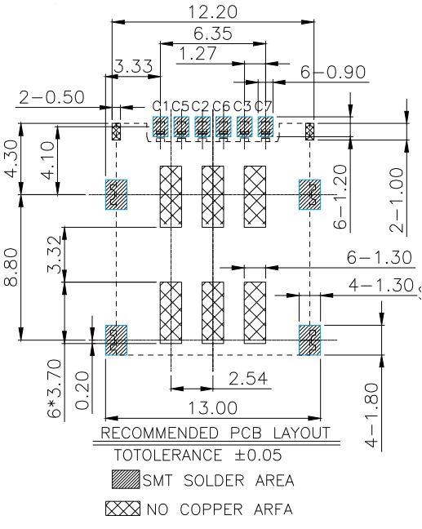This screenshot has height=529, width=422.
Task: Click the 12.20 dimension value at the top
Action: tap(212, 11)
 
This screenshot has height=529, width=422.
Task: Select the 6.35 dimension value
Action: tap(213, 33)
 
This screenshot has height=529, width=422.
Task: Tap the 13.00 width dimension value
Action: tap(212, 408)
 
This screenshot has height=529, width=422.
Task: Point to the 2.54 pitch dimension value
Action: tap(248, 378)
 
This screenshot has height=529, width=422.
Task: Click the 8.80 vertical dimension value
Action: tap(11, 267)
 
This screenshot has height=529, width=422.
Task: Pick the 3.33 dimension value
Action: tap(133, 66)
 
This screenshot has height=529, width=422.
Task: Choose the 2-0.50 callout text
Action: tap(51, 97)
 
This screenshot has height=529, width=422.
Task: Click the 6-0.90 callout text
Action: tap(333, 72)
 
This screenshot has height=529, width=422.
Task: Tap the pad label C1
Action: tap(160, 106)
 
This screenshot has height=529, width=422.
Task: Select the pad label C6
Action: tap(222, 106)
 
